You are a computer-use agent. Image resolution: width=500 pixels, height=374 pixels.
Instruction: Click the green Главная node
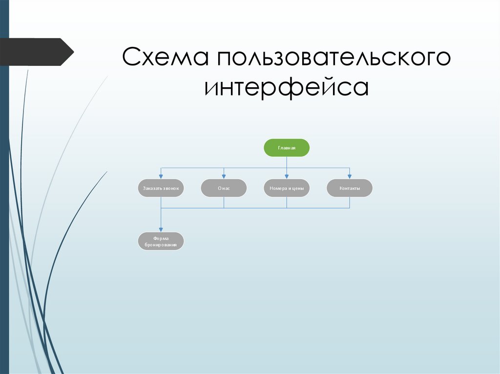[287, 148]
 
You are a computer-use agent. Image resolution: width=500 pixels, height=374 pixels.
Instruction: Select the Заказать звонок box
[161, 188]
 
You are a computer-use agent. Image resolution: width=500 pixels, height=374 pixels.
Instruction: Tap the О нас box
[224, 188]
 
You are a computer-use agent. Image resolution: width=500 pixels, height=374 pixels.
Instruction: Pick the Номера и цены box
[287, 188]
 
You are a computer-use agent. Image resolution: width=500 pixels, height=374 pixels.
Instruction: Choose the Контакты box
[350, 188]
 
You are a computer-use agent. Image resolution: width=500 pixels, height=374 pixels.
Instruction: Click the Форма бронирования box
[161, 241]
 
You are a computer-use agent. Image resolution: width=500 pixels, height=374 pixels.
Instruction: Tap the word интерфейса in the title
[287, 88]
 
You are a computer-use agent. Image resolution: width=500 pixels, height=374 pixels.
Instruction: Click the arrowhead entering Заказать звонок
[161, 177]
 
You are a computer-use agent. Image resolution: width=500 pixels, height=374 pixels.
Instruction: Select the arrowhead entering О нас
[224, 177]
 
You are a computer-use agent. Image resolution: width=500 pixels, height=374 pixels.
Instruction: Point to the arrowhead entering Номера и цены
[287, 177]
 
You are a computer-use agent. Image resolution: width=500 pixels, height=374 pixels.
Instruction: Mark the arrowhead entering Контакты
[350, 177]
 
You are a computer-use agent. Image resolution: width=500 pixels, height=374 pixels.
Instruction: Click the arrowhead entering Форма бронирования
[161, 230]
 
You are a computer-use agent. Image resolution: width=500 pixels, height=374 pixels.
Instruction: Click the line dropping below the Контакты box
[350, 202]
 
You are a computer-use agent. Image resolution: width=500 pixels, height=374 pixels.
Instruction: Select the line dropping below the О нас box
[224, 202]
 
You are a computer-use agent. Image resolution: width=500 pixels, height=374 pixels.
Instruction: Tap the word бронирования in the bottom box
[161, 245]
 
